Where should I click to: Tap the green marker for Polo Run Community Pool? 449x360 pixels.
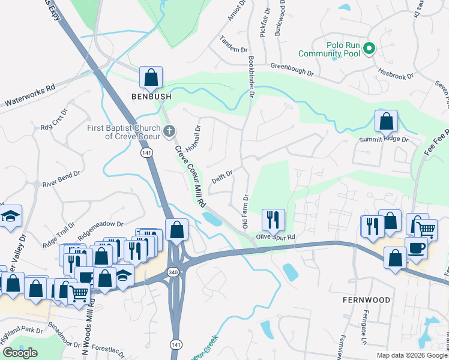click(370, 49)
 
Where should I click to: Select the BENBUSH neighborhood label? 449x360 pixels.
click(152, 96)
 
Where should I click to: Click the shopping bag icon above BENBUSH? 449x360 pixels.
click(151, 77)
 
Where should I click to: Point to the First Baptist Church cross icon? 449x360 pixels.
click(169, 130)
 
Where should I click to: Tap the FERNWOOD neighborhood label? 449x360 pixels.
click(366, 299)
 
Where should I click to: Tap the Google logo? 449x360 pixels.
click(20, 353)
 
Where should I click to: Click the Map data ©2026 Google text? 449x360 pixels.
click(411, 355)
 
